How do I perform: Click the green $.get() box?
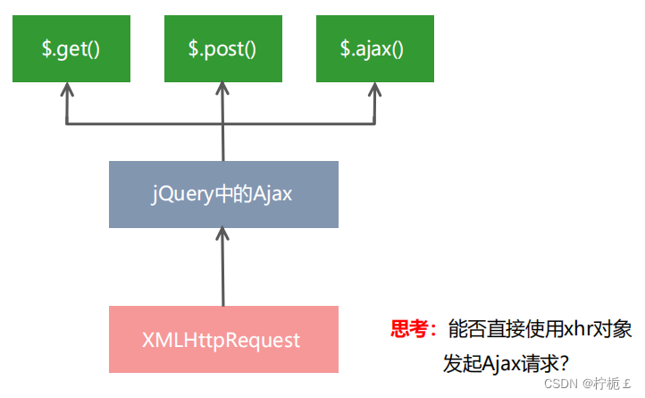(x=71, y=48)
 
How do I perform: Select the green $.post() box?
(x=223, y=48)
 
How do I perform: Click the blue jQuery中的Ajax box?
(x=223, y=194)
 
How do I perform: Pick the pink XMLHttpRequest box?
(x=223, y=340)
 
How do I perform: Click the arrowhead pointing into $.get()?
(x=65, y=90)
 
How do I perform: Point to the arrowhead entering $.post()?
(x=223, y=90)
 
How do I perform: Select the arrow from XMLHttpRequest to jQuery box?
(x=223, y=268)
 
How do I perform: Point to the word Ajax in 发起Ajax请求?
(x=504, y=363)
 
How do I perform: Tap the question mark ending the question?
(x=564, y=363)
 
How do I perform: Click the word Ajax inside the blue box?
(x=272, y=194)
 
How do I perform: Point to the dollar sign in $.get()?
(x=46, y=48)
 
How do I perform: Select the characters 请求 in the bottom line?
(x=540, y=363)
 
